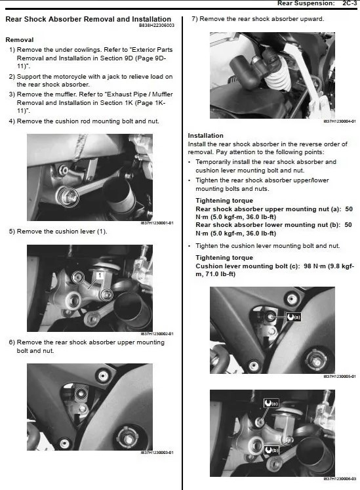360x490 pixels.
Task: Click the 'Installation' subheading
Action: coord(205,136)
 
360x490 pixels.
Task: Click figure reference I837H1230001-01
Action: coord(157,223)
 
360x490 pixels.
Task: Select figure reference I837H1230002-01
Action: coord(157,334)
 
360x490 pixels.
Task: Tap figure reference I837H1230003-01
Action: coord(157,452)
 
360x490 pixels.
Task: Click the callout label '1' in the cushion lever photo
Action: coord(99,276)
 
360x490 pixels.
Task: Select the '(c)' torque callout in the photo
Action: coord(270,402)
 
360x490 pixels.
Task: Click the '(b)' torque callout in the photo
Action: coord(271,450)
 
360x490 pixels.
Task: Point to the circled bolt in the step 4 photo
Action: coord(68,194)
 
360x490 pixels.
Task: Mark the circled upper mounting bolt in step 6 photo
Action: coord(80,394)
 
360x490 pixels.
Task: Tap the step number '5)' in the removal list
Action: coord(12,232)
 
